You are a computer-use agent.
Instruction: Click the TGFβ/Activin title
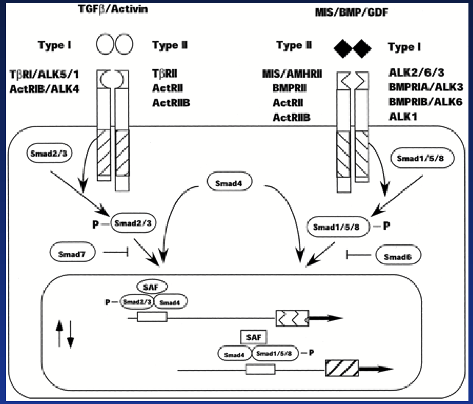(x=113, y=9)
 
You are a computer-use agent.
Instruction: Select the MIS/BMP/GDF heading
(x=351, y=12)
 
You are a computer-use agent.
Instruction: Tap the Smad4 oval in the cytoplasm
(x=229, y=182)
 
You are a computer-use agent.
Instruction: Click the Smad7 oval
(x=72, y=253)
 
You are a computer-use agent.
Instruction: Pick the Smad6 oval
(x=398, y=256)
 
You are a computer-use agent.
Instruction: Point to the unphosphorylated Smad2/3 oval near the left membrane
(x=49, y=153)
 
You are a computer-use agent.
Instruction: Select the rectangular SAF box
(x=253, y=337)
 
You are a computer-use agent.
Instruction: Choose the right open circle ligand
(x=124, y=44)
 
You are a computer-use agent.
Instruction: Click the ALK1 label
(x=403, y=116)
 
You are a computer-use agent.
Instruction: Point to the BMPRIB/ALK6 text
(x=425, y=102)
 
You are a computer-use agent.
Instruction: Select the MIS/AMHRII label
(x=292, y=73)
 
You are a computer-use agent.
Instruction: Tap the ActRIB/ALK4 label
(x=44, y=89)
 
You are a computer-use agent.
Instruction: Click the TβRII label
(x=165, y=73)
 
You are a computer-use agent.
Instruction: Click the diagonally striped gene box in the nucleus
(x=342, y=368)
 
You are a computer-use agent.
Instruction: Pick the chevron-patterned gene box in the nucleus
(x=292, y=318)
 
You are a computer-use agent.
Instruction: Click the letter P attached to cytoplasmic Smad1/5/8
(x=386, y=226)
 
